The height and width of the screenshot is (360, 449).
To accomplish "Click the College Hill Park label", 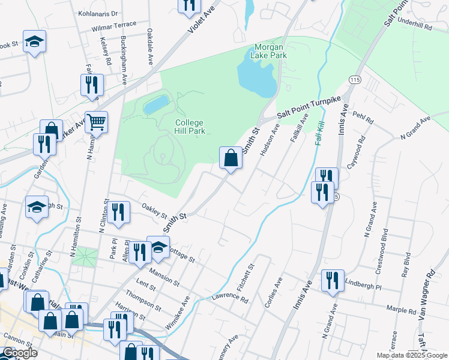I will click(x=190, y=127).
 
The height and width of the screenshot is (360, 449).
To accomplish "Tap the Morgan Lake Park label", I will click(x=271, y=51).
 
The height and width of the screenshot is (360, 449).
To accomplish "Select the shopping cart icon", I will click(x=96, y=123).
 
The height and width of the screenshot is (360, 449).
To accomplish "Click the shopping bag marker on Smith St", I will click(x=231, y=159).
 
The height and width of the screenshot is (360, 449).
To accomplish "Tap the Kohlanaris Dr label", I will click(x=98, y=13).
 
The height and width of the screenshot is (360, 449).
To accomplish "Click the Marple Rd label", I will click(x=402, y=311).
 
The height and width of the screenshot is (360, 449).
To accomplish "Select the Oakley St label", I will click(x=154, y=211).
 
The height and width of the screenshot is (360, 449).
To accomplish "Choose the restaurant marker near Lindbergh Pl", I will click(x=332, y=280).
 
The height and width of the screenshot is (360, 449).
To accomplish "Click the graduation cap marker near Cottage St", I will click(x=158, y=248).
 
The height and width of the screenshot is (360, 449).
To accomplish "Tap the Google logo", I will click(x=20, y=353).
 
